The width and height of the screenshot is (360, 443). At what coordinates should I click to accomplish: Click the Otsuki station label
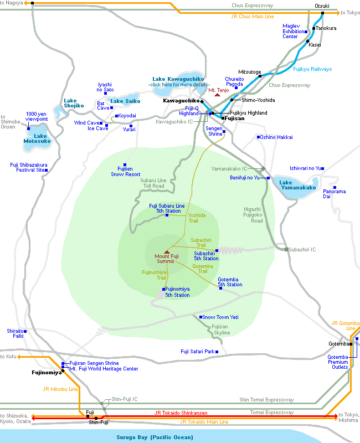click(x=322, y=6)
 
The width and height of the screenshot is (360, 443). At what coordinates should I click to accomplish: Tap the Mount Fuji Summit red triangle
click(x=167, y=252)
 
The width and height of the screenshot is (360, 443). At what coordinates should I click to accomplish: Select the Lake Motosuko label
click(x=37, y=138)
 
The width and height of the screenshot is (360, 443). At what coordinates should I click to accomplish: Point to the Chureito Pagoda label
click(x=234, y=81)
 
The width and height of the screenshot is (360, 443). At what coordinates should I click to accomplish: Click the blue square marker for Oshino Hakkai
click(x=258, y=137)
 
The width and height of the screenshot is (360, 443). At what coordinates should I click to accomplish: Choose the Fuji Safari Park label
click(x=198, y=352)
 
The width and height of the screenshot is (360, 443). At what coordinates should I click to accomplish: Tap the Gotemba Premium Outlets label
click(x=338, y=362)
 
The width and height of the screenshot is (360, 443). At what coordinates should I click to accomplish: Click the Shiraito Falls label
click(x=16, y=333)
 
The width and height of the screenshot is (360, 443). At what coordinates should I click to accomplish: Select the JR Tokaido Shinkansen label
click(x=181, y=413)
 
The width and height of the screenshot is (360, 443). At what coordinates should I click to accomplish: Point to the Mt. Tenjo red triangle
click(x=217, y=95)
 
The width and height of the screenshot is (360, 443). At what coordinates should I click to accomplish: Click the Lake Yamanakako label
click(x=297, y=185)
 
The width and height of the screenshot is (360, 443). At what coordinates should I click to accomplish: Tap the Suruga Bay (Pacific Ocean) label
click(x=155, y=437)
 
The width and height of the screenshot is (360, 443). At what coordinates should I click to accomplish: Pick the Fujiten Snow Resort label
click(x=126, y=172)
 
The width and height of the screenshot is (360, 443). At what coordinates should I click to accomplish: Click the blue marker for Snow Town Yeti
click(x=200, y=317)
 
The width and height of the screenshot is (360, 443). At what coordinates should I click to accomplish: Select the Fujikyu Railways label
click(x=312, y=69)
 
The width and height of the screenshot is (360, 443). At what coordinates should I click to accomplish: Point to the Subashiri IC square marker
click(x=286, y=250)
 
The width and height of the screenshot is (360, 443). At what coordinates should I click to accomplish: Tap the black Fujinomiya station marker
click(x=63, y=371)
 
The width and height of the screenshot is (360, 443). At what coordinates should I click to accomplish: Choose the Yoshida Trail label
click(x=197, y=218)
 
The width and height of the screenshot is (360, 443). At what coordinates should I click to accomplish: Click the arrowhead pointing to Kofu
click(x=19, y=357)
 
